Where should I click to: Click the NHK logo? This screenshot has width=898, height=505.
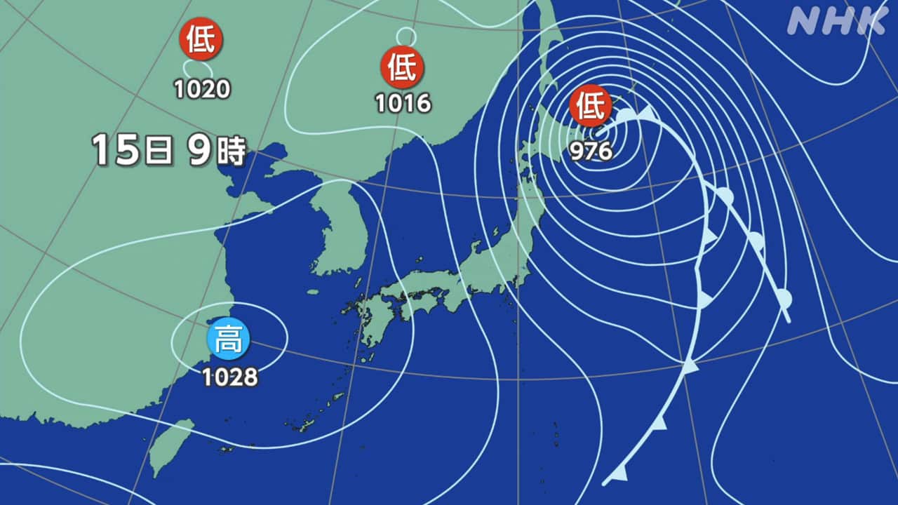click(836, 22)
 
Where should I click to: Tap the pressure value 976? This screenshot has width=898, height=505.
click(591, 151)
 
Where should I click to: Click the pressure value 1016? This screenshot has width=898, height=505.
click(402, 103)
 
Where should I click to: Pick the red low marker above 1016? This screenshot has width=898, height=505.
click(403, 67)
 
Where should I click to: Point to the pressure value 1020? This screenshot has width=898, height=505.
click(202, 89)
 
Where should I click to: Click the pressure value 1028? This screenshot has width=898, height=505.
click(230, 377)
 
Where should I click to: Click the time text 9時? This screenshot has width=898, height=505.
click(216, 150)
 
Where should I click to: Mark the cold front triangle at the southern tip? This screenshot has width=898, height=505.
click(617, 474)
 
